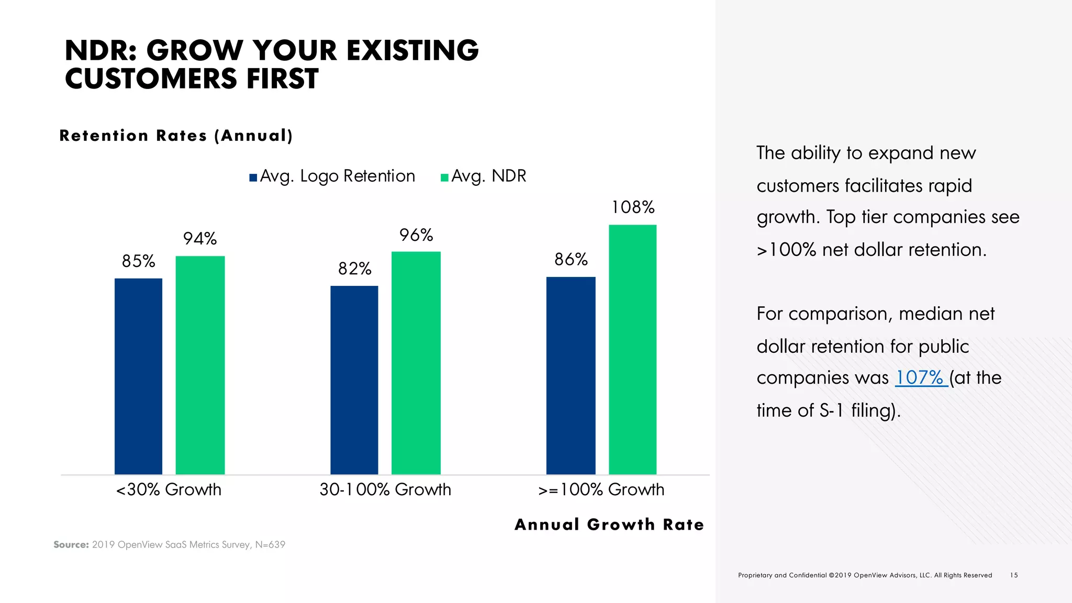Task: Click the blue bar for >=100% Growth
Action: coord(571,375)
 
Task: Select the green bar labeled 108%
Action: coord(632,349)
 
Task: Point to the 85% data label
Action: coord(138,261)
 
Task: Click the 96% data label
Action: coord(416,235)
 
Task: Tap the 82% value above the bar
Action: coord(354,269)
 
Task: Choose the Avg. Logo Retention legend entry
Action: coord(332,176)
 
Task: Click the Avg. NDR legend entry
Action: coord(483,176)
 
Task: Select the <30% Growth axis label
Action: coord(169,489)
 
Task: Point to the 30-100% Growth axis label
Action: coord(385,489)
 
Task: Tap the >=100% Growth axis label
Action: coord(601,489)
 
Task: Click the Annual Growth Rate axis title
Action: coord(609,524)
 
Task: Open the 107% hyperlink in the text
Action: coord(920,377)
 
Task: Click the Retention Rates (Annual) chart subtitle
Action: coord(176,136)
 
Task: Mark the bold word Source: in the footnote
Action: coord(71,545)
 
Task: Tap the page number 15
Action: coord(1014,575)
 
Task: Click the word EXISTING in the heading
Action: coord(412,50)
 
